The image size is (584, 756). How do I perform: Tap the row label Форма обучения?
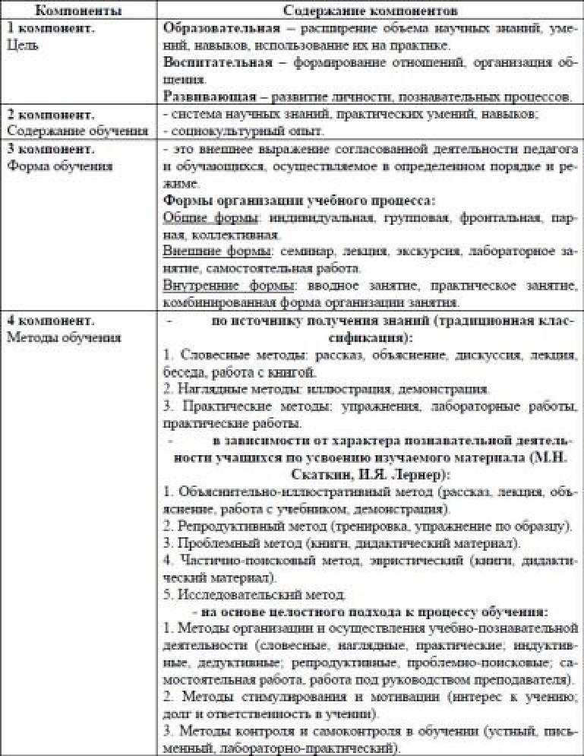coord(59,166)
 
